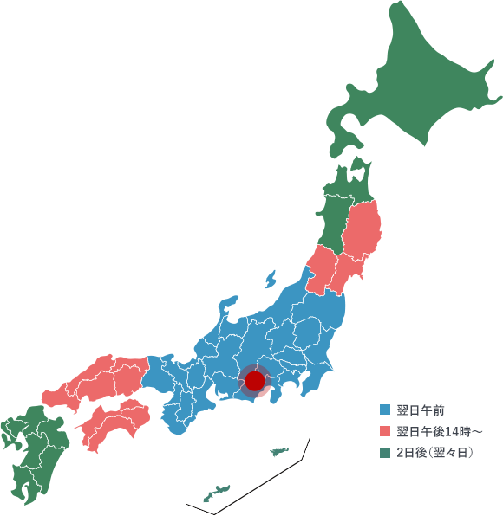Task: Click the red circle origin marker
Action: point(254,381)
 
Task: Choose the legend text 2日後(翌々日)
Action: point(434,453)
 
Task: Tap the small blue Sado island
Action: point(271,280)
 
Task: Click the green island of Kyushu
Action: point(35,450)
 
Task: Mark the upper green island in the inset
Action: point(279,451)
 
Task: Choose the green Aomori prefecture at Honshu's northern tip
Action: point(347,190)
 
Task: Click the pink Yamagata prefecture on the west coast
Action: point(322,268)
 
